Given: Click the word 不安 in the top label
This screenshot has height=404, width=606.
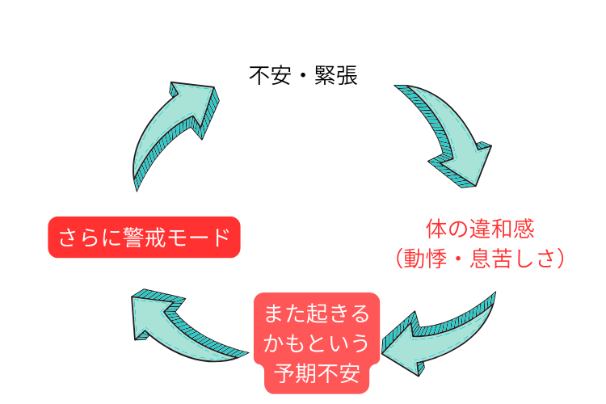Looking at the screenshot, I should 270,76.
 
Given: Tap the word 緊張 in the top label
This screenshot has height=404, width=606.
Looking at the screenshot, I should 336,76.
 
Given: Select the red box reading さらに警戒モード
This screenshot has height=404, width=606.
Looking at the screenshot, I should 145,238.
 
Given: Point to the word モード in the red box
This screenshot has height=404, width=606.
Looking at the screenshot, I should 202,238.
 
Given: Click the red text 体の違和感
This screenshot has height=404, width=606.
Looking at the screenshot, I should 480,229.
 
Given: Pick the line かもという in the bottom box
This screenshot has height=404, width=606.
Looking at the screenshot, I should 317,343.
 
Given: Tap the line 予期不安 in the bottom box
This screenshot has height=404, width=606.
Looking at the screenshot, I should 317,374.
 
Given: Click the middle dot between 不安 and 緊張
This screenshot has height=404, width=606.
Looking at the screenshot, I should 303,77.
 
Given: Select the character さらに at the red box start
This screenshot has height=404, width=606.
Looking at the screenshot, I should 82,238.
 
